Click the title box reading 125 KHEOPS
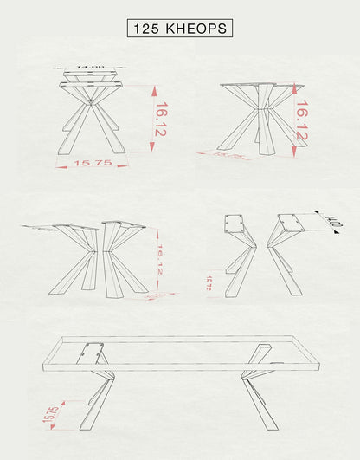coord(180,28)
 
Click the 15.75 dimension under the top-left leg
coord(93,163)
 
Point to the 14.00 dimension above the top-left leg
coord(90,67)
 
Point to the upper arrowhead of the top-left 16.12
coord(153,88)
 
